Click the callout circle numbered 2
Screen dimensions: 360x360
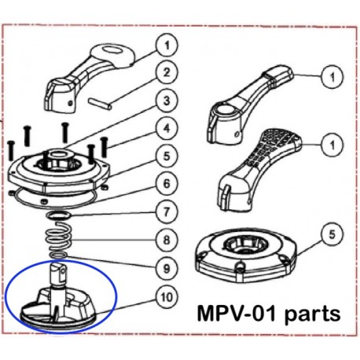click(x=166, y=74)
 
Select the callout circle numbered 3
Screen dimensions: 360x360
click(x=166, y=101)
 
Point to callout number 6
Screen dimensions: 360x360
click(x=166, y=182)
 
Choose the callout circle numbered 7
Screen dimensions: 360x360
click(x=166, y=210)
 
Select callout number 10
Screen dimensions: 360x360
click(x=166, y=298)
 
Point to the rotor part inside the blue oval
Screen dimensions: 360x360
click(x=61, y=302)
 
